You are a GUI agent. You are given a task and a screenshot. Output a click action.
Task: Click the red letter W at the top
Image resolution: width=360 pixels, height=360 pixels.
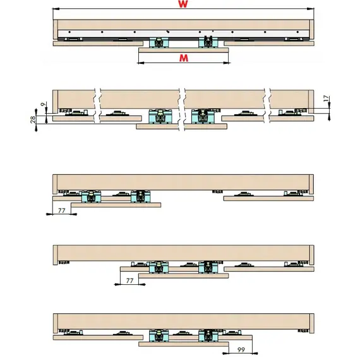(x=183, y=4)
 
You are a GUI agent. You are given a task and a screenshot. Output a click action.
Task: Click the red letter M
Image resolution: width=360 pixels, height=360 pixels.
(x=184, y=58)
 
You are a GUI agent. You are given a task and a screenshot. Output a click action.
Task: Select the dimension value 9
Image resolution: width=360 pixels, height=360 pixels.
(x=43, y=104)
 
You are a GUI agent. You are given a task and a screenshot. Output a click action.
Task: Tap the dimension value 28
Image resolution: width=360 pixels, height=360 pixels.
(x=33, y=120)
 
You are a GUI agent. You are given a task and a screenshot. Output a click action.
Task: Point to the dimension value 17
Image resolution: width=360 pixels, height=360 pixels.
(x=326, y=99)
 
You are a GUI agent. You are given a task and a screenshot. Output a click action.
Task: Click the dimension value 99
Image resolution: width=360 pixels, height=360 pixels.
(x=241, y=350)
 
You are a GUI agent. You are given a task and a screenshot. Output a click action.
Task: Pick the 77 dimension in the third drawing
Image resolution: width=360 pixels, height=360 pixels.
(x=61, y=210)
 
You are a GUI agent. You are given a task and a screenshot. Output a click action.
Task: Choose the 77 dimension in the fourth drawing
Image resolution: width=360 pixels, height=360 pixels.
(x=129, y=280)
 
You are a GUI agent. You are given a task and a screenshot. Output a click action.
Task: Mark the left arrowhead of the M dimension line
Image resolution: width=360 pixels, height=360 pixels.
(x=140, y=63)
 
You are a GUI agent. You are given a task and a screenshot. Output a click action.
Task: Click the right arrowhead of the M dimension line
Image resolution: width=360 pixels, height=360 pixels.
(x=226, y=63)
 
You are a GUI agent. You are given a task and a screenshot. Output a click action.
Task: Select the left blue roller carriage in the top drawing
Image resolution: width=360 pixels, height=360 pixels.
(x=159, y=42)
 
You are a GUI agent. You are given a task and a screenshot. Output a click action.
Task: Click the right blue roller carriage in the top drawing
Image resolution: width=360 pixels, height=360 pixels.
(x=208, y=42)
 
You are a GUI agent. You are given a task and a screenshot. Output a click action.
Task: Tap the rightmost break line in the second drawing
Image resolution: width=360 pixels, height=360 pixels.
(x=267, y=105)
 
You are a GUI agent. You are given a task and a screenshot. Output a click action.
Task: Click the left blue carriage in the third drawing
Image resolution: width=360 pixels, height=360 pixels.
(x=92, y=196)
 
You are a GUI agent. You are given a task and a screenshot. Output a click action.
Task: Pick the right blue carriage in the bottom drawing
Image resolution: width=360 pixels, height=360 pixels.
(x=208, y=335)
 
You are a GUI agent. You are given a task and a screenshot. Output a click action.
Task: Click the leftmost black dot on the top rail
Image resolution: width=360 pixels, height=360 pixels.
(x=69, y=32)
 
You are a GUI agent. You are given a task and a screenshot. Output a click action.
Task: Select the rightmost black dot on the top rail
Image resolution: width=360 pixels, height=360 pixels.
(x=297, y=32)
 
